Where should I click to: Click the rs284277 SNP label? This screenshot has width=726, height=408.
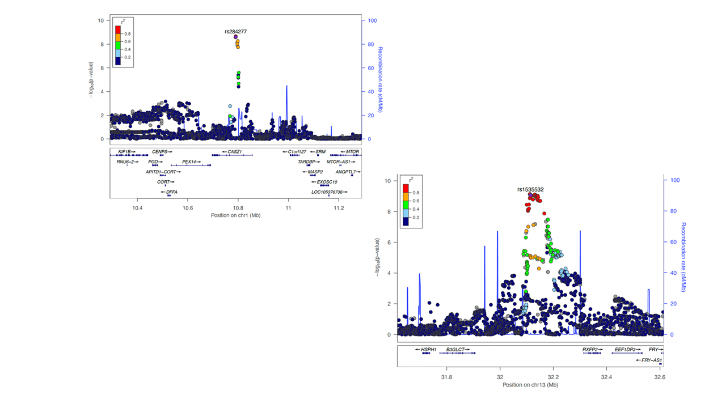coord(235,32)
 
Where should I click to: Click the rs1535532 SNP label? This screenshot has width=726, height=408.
coord(530,189)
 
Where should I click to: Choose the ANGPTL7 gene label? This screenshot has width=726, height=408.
coord(347,172)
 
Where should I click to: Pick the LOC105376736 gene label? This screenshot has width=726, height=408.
coord(328,192)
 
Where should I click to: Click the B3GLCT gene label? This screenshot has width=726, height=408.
coord(456,350)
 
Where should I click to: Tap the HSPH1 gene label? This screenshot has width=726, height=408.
coord(427,350)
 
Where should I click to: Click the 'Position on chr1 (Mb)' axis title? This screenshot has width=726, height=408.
coord(235,215)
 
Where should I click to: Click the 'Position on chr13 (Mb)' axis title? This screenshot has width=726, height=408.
coord(530,385)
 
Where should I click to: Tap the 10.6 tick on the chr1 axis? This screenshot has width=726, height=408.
coord(188,207)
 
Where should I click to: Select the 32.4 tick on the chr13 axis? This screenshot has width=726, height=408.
coord(607,376)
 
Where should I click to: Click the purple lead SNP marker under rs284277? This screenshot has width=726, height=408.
coord(235,37)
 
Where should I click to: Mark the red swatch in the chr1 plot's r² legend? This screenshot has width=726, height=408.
coord(117,29)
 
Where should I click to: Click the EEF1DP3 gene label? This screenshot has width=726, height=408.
coord(627,350)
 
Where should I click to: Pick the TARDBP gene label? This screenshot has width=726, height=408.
coord(307,161)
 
